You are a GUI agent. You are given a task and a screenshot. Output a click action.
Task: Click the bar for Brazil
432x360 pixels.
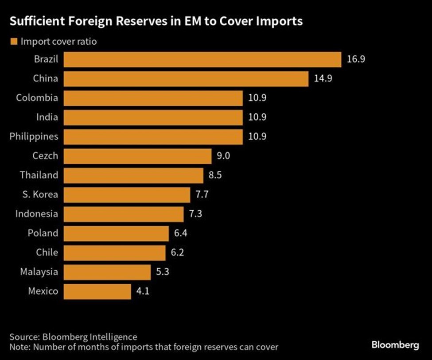tap(202, 60)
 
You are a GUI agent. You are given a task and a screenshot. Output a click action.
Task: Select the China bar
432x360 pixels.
tap(185, 79)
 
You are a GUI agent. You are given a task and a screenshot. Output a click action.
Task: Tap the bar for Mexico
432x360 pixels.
tap(97, 291)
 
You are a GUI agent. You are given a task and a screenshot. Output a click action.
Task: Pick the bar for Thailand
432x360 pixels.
tap(133, 175)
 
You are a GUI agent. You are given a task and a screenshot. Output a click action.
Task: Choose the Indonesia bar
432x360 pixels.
tap(124, 214)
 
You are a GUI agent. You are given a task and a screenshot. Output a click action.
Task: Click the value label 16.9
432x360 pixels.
tap(356, 60)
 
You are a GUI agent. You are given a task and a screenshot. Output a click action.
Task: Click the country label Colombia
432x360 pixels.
tap(37, 98)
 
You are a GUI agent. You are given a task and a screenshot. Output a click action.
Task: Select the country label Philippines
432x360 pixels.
tap(34, 136)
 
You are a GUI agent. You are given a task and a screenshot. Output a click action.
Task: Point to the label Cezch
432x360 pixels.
tap(45, 156)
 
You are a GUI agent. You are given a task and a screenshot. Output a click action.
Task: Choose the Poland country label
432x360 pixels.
tap(43, 233)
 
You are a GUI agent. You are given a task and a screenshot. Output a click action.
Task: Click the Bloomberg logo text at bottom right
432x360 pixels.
tap(395, 345)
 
